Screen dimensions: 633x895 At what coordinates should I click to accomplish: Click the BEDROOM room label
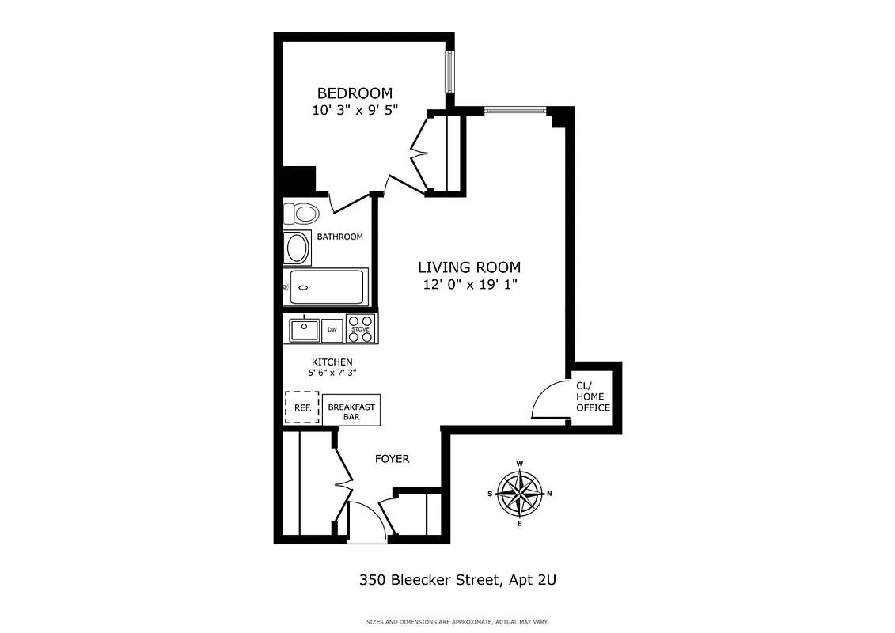tap(355, 93)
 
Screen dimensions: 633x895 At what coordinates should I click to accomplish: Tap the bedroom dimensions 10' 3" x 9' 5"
tap(355, 112)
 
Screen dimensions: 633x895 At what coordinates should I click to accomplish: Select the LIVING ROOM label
tap(469, 267)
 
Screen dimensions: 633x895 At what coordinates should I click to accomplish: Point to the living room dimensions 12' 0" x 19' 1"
tap(469, 286)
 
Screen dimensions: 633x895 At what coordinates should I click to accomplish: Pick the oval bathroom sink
tap(298, 248)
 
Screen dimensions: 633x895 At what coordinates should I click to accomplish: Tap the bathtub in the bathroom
tap(325, 286)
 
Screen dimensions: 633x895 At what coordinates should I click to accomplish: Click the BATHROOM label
tap(339, 237)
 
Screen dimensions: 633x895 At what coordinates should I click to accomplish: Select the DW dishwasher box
tap(332, 329)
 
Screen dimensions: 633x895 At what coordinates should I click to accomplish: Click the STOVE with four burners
tap(361, 329)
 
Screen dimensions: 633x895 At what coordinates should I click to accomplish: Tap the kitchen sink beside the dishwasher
tap(304, 329)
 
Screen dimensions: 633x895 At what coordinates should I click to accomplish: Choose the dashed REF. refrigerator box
tap(301, 409)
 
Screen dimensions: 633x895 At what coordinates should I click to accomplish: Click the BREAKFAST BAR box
tap(351, 411)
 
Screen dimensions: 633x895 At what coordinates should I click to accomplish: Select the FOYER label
tap(392, 459)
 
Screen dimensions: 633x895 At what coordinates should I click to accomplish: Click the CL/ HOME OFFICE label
tap(593, 396)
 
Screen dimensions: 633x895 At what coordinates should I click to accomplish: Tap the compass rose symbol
tap(519, 494)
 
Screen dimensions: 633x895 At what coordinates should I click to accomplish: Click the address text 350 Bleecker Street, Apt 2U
tap(457, 580)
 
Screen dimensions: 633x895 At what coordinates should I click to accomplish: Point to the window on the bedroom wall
tap(449, 72)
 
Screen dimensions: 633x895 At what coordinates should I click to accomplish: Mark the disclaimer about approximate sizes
tap(457, 622)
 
